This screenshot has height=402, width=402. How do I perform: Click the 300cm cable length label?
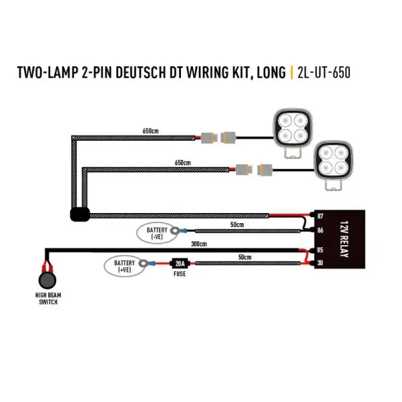(x=198, y=244)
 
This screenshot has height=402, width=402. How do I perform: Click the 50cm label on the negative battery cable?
(x=237, y=224)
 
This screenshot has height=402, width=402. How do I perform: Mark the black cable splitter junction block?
(x=79, y=215)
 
